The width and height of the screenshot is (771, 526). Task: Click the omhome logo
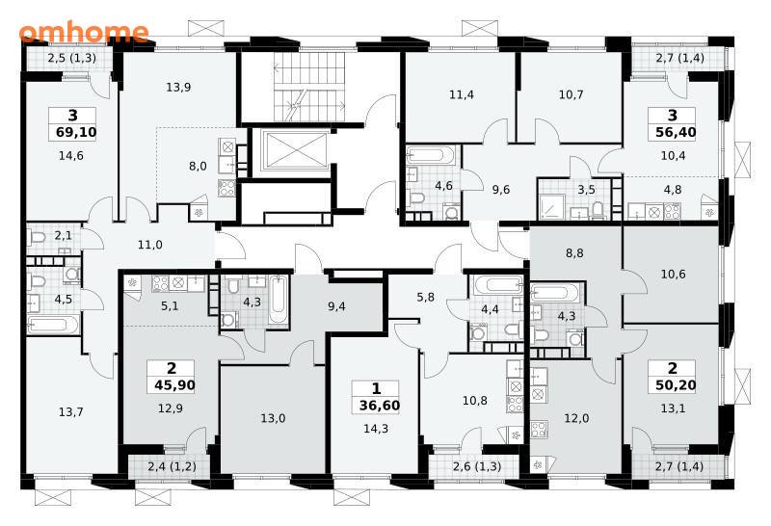(x=84, y=32)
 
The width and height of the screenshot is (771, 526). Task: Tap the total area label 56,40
(x=676, y=132)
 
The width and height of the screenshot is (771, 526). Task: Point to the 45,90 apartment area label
(x=174, y=385)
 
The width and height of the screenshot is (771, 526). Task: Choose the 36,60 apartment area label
(x=380, y=406)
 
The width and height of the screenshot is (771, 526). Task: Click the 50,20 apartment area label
(x=676, y=385)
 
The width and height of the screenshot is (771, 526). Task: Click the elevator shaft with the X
(x=293, y=150)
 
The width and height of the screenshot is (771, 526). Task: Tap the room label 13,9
(x=178, y=88)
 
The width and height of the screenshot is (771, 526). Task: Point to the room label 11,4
(x=462, y=93)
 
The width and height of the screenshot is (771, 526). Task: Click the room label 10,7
(x=571, y=93)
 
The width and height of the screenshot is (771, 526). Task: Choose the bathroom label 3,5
(x=586, y=190)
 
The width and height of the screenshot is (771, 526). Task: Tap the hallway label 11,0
(x=150, y=245)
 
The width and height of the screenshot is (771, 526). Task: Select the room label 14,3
(x=376, y=429)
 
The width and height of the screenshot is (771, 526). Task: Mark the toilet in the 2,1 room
(x=38, y=238)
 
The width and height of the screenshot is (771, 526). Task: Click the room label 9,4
(x=336, y=306)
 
